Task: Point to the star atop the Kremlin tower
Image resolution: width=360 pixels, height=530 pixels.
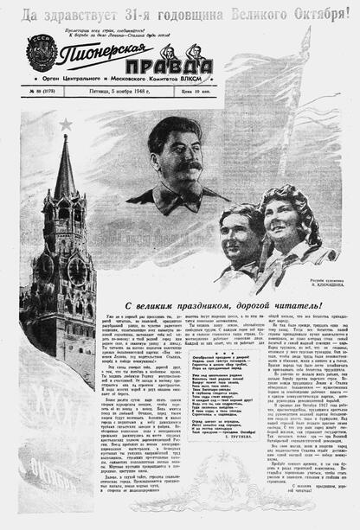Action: coord(67,125)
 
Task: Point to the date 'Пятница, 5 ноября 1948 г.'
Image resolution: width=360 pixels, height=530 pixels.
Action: coord(121,92)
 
